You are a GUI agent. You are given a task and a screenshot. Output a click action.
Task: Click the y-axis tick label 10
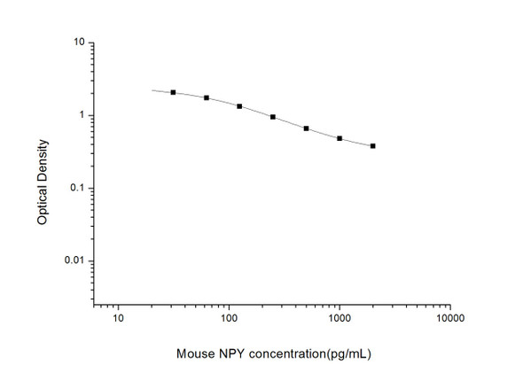pyautogui.click(x=79, y=42)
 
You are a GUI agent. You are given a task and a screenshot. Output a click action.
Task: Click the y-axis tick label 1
pyautogui.click(x=82, y=115)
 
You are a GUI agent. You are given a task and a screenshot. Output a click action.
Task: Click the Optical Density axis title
pyautogui.click(x=43, y=173)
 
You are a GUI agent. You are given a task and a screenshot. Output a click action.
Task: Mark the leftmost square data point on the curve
pyautogui.click(x=173, y=92)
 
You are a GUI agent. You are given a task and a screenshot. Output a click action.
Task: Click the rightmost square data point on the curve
pyautogui.click(x=372, y=146)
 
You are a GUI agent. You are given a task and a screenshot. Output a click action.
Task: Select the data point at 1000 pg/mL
pyautogui.click(x=340, y=138)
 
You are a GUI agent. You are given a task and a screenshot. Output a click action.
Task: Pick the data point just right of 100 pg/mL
pyautogui.click(x=239, y=106)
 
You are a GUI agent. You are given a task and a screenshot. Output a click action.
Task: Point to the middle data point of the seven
pyautogui.click(x=273, y=117)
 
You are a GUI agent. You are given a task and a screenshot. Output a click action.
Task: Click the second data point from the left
pyautogui.click(x=207, y=97)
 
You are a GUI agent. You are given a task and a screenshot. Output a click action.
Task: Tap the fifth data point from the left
pyautogui.click(x=306, y=128)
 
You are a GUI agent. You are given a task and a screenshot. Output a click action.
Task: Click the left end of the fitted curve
pyautogui.click(x=152, y=90)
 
